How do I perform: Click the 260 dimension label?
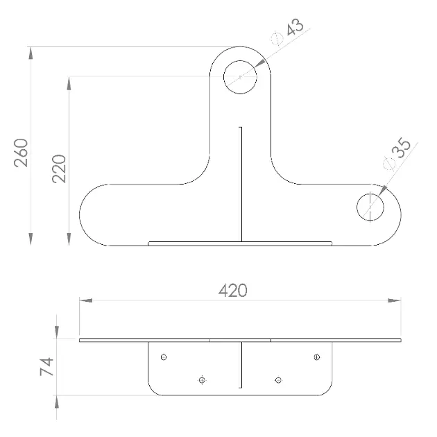[22, 153]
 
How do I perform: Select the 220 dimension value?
[59, 169]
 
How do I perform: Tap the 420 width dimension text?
[232, 291]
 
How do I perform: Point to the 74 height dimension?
[46, 367]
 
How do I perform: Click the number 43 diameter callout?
[295, 27]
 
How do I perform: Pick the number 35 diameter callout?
[401, 148]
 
